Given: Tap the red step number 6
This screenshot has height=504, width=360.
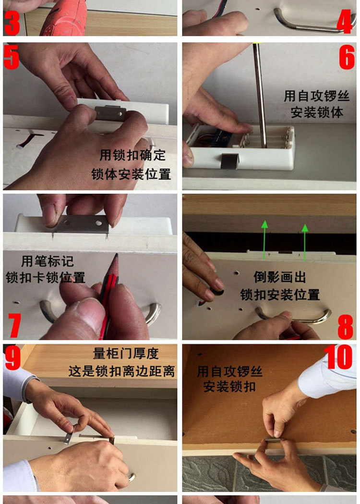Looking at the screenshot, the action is [x=347, y=57].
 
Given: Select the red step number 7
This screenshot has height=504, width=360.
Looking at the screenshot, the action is [x=14, y=325].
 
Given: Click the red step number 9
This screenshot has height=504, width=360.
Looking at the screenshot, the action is [x=12, y=357].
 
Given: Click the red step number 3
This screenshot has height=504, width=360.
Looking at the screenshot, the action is [x=12, y=23].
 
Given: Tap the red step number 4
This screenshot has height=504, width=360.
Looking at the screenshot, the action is [x=345, y=21].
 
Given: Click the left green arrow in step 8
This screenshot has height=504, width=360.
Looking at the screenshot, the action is [x=264, y=239].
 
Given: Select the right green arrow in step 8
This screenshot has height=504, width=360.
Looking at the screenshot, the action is [x=305, y=242].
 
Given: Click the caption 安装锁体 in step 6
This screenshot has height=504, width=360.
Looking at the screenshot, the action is [x=317, y=112].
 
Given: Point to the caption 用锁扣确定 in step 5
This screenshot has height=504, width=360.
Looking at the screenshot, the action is [x=132, y=155].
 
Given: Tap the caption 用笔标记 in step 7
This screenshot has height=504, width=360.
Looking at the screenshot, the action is [x=48, y=261].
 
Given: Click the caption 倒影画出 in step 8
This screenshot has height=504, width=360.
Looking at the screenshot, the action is [x=280, y=277].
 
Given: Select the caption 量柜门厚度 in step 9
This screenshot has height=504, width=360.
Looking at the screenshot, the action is [x=126, y=354].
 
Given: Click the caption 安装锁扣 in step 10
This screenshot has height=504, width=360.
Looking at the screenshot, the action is [x=229, y=386].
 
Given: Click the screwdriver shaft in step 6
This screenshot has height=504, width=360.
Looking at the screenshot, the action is [x=260, y=95].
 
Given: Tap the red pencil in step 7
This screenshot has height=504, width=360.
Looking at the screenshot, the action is [x=108, y=295].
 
